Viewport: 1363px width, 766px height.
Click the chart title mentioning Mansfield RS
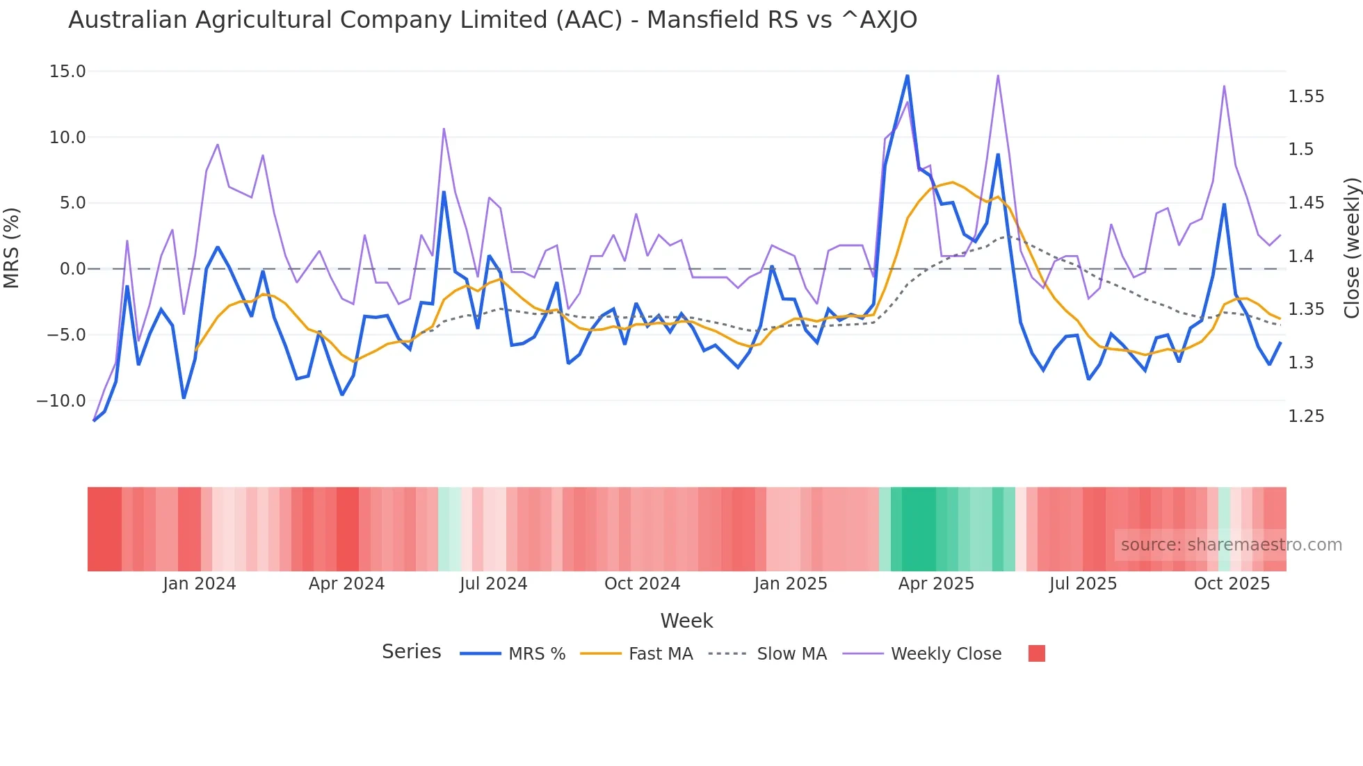pyautogui.click(x=492, y=20)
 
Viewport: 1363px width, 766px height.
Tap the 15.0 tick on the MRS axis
pyautogui.click(x=67, y=72)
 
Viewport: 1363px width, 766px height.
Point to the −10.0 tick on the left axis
pyautogui.click(x=61, y=401)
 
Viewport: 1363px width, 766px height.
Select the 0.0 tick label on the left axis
pyautogui.click(x=72, y=269)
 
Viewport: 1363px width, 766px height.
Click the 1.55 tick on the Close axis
pyautogui.click(x=1306, y=97)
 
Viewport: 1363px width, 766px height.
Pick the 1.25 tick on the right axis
pyautogui.click(x=1306, y=416)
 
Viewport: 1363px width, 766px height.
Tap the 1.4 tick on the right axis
pyautogui.click(x=1300, y=256)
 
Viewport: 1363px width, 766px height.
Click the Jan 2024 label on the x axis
pyautogui.click(x=200, y=584)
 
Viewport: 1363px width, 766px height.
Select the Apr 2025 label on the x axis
pyautogui.click(x=936, y=584)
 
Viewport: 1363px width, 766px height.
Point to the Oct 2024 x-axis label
pyautogui.click(x=642, y=584)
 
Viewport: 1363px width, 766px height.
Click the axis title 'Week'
pyautogui.click(x=686, y=621)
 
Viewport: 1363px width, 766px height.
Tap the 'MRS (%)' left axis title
pyautogui.click(x=12, y=248)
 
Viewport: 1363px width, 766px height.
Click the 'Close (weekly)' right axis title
pyautogui.click(x=1351, y=248)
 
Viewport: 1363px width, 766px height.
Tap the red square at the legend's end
pyautogui.click(x=1036, y=653)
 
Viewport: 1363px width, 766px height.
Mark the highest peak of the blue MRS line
pyautogui.click(x=908, y=76)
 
